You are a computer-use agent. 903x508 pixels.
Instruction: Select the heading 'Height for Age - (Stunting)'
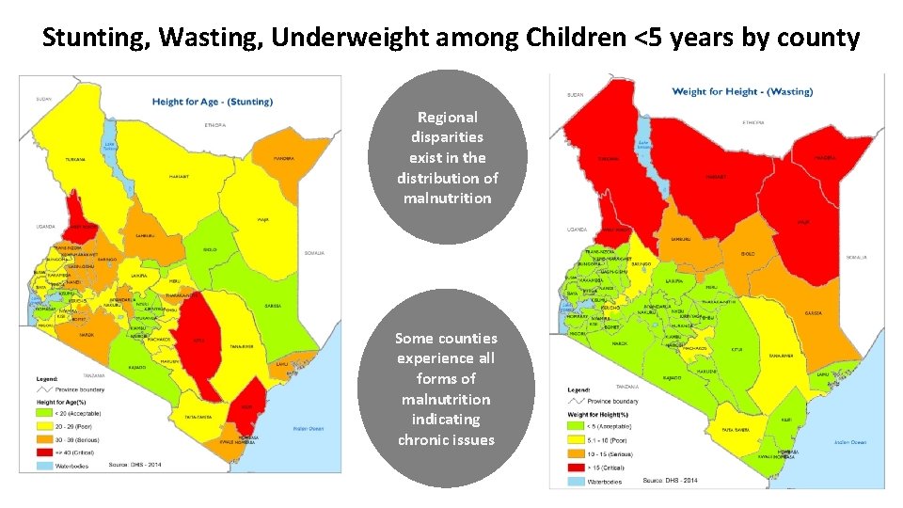coord(213,102)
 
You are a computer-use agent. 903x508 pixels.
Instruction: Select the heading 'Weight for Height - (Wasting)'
coord(742,92)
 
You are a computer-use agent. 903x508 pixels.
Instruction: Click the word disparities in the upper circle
coord(448,137)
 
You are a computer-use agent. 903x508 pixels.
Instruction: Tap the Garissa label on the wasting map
coord(814,312)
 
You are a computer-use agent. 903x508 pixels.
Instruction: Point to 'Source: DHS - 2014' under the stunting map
coord(136,464)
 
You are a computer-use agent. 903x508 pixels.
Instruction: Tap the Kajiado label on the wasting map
coord(672,377)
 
